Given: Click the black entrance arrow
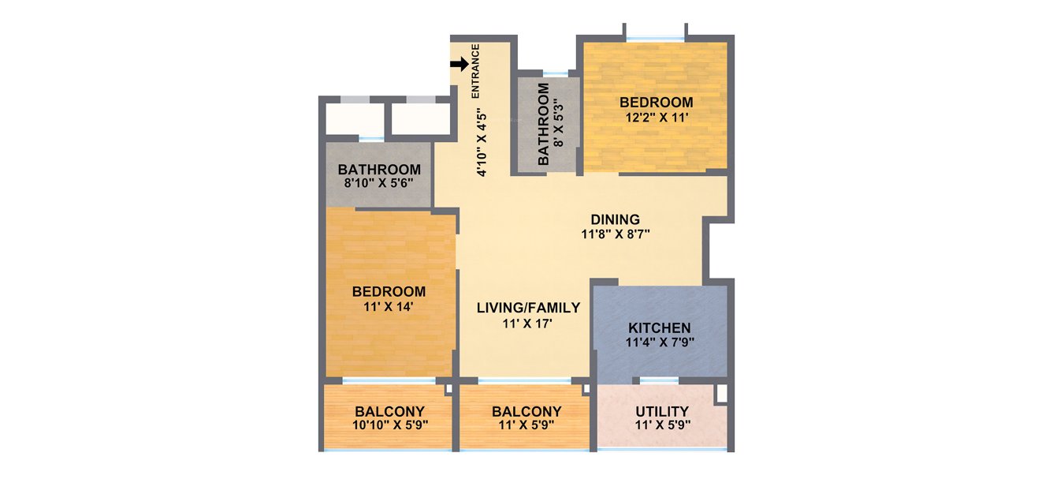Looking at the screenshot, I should point(460,64).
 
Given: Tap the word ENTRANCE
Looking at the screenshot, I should point(475,71).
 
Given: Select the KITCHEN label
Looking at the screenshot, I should point(659,328).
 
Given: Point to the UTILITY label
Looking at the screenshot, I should point(662,411).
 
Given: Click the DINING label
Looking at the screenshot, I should point(616,219).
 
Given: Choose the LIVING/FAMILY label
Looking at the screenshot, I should point(528,308).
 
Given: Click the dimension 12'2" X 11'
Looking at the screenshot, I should point(656,117).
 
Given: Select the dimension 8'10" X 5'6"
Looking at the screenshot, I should point(378,184).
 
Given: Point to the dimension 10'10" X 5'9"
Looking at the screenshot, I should point(389,425).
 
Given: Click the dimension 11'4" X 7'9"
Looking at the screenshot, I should point(659,342).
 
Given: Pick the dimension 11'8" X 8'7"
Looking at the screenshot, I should point(616,234).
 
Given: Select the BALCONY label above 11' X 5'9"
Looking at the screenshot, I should point(526,411).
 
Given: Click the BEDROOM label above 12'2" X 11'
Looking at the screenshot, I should point(656,103).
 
